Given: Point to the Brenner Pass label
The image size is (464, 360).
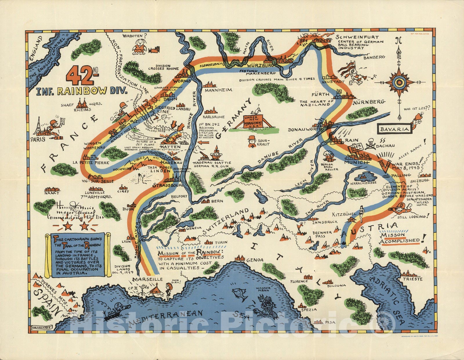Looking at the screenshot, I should (322, 234).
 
